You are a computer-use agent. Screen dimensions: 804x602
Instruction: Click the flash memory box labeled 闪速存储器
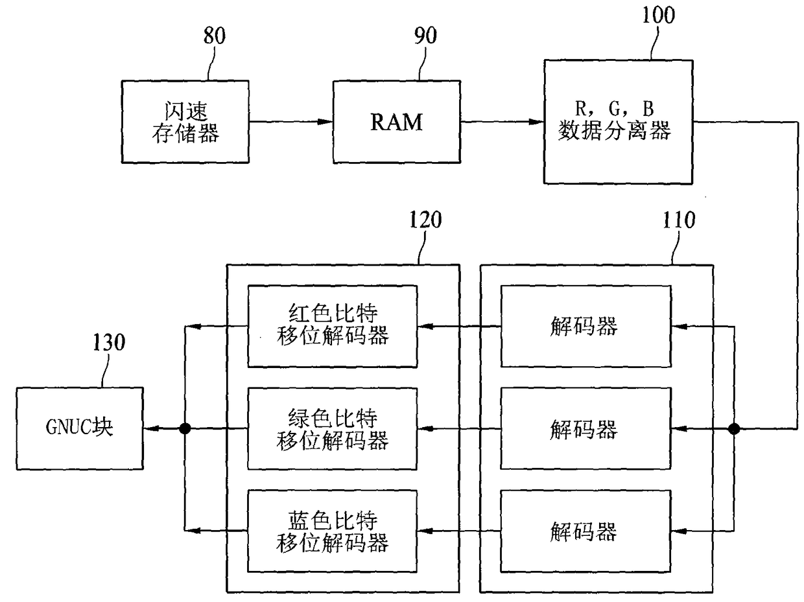coord(185,122)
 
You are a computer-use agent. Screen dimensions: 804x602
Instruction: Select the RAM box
coord(397,122)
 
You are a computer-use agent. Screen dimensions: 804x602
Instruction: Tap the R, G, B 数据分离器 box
coord(619,122)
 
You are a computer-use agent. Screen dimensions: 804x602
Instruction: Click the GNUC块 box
coord(80,428)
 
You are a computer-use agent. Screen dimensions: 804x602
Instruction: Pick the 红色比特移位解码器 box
coord(333,326)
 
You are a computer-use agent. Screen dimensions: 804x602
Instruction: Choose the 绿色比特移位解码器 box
coord(333,428)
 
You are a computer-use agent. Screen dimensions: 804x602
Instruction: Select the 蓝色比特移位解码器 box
coord(333,531)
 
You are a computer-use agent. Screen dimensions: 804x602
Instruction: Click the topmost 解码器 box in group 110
coord(585,326)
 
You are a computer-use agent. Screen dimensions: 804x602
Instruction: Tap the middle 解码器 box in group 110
coord(585,428)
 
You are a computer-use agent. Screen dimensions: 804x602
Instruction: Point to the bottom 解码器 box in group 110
coord(585,531)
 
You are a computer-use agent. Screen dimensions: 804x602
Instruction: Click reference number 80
coord(214,36)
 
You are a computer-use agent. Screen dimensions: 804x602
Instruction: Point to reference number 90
coord(425,36)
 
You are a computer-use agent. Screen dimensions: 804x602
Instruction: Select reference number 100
coord(659,15)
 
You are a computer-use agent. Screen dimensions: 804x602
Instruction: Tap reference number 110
coord(679,220)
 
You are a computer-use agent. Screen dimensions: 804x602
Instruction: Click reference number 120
coord(425,220)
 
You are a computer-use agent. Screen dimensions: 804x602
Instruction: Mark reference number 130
coord(109,343)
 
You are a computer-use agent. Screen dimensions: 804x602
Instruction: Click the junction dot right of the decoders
coord(734,428)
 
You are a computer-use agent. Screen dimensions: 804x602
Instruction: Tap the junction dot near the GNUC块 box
coord(185,428)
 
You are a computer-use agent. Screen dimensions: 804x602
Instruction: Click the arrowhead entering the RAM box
coord(325,122)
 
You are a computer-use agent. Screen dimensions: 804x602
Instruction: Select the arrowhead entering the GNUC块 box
coord(151,428)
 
